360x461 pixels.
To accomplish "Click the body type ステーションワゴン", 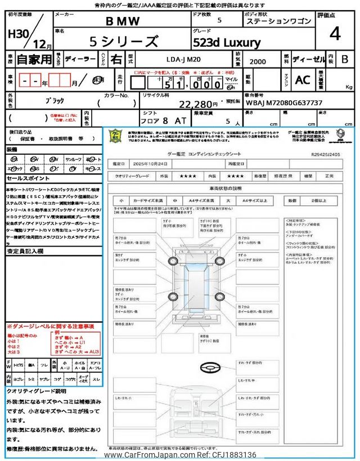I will [277, 22].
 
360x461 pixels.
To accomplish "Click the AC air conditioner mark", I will [303, 80].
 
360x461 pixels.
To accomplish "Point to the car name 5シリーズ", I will [124, 41].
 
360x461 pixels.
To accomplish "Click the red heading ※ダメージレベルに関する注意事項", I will [50, 326].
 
